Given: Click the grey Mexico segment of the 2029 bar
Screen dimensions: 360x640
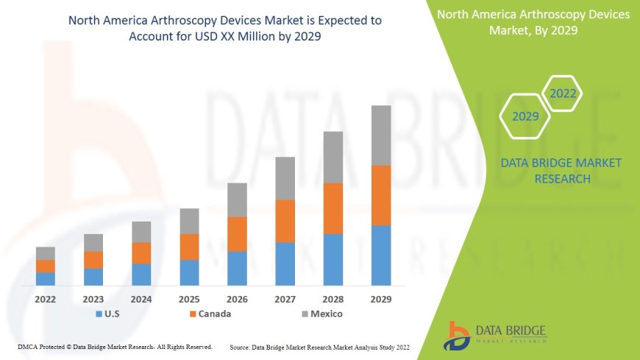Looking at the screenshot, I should click(381, 135).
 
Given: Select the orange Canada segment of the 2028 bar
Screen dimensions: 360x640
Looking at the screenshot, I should click(333, 208).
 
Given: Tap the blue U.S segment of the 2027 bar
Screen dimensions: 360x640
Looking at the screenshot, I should click(285, 264).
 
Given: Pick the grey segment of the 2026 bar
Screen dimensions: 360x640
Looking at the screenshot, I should click(237, 200).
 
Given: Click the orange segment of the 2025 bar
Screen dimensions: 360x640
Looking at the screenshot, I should click(189, 247).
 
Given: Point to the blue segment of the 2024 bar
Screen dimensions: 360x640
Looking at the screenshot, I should click(141, 274).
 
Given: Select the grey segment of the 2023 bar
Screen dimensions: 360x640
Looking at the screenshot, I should click(93, 242).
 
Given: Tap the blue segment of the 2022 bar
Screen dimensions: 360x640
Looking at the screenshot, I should click(46, 278).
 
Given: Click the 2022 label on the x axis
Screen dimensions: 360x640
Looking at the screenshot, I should click(46, 300).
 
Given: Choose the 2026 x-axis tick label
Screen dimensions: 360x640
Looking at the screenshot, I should click(237, 300).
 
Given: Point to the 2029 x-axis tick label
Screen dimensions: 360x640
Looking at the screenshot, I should click(381, 300).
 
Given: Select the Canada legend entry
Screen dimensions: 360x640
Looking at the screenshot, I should click(210, 314).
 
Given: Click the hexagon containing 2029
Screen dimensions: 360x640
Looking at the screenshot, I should click(525, 116).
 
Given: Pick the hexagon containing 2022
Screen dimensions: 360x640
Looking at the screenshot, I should click(562, 93).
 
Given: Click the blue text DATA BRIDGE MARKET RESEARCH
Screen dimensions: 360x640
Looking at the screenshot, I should click(561, 171).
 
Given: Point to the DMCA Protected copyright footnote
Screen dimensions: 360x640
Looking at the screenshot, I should click(115, 347).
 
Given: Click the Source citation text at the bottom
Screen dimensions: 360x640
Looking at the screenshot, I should click(319, 347).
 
